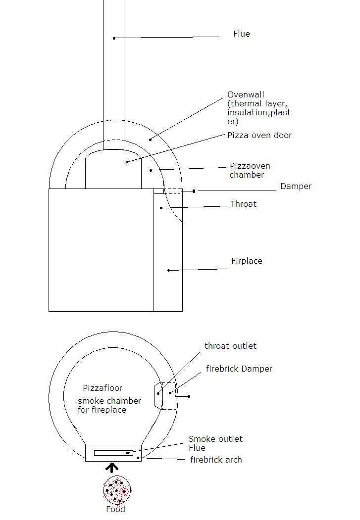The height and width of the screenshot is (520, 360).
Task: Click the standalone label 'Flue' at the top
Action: tap(242, 34)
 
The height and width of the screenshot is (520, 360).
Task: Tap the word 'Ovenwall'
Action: tap(246, 95)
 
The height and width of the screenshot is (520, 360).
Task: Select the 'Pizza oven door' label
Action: tap(259, 135)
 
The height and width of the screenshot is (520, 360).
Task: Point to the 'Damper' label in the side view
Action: tap(296, 186)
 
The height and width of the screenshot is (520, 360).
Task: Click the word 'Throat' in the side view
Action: tap(243, 204)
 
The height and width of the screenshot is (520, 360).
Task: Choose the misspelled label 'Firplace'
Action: tap(247, 261)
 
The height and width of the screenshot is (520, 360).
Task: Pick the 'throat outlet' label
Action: tap(230, 346)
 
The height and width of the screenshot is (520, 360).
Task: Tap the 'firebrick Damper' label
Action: tap(239, 369)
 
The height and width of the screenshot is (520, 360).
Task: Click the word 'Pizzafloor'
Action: tap(103, 388)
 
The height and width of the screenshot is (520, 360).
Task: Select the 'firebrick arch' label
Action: tap(216, 460)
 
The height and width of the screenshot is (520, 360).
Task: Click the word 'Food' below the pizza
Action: tap(115, 510)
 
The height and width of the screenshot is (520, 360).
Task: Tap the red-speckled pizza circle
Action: tap(117, 490)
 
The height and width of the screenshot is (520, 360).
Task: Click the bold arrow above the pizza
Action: tap(112, 468)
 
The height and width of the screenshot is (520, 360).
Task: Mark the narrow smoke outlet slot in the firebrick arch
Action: tap(113, 453)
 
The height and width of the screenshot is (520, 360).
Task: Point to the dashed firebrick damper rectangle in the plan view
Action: tap(169, 396)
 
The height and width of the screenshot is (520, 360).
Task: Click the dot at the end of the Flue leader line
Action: tap(114, 38)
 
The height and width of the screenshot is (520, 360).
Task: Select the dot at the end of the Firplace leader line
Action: tap(168, 270)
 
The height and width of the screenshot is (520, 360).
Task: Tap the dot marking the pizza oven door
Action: tap(127, 162)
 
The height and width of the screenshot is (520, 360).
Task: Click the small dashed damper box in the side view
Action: tap(173, 191)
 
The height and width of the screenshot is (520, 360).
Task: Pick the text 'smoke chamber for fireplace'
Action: tap(109, 405)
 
